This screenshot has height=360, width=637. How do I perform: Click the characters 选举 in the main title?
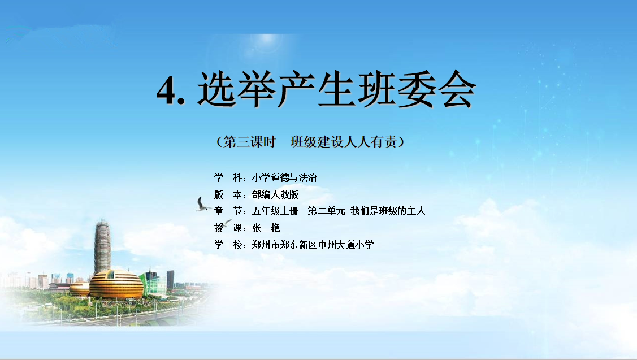pyautogui.click(x=236, y=89)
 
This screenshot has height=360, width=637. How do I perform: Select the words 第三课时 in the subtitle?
pyautogui.click(x=249, y=142)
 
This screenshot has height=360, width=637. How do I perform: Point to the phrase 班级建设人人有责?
pyautogui.click(x=343, y=142)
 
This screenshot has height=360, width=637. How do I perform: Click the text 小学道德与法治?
pyautogui.click(x=284, y=177)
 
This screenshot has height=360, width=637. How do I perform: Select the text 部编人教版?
pyautogui.click(x=275, y=194)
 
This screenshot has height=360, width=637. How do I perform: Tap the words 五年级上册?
pyautogui.click(x=275, y=211)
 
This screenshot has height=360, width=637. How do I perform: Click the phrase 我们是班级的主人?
pyautogui.click(x=388, y=211)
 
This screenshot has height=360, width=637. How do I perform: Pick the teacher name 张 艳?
pyautogui.click(x=266, y=228)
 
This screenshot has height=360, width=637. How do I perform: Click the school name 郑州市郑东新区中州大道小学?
pyautogui.click(x=313, y=245)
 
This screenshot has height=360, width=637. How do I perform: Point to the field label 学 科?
pyautogui.click(x=228, y=177)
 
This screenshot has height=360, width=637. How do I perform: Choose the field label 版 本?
pyautogui.click(x=228, y=194)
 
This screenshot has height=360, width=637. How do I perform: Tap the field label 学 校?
pyautogui.click(x=228, y=245)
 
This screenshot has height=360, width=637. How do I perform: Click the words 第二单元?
pyautogui.click(x=327, y=211)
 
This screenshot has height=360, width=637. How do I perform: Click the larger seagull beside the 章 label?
pyautogui.click(x=202, y=205)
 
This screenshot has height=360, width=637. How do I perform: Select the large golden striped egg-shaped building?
pyautogui.click(x=116, y=284)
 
